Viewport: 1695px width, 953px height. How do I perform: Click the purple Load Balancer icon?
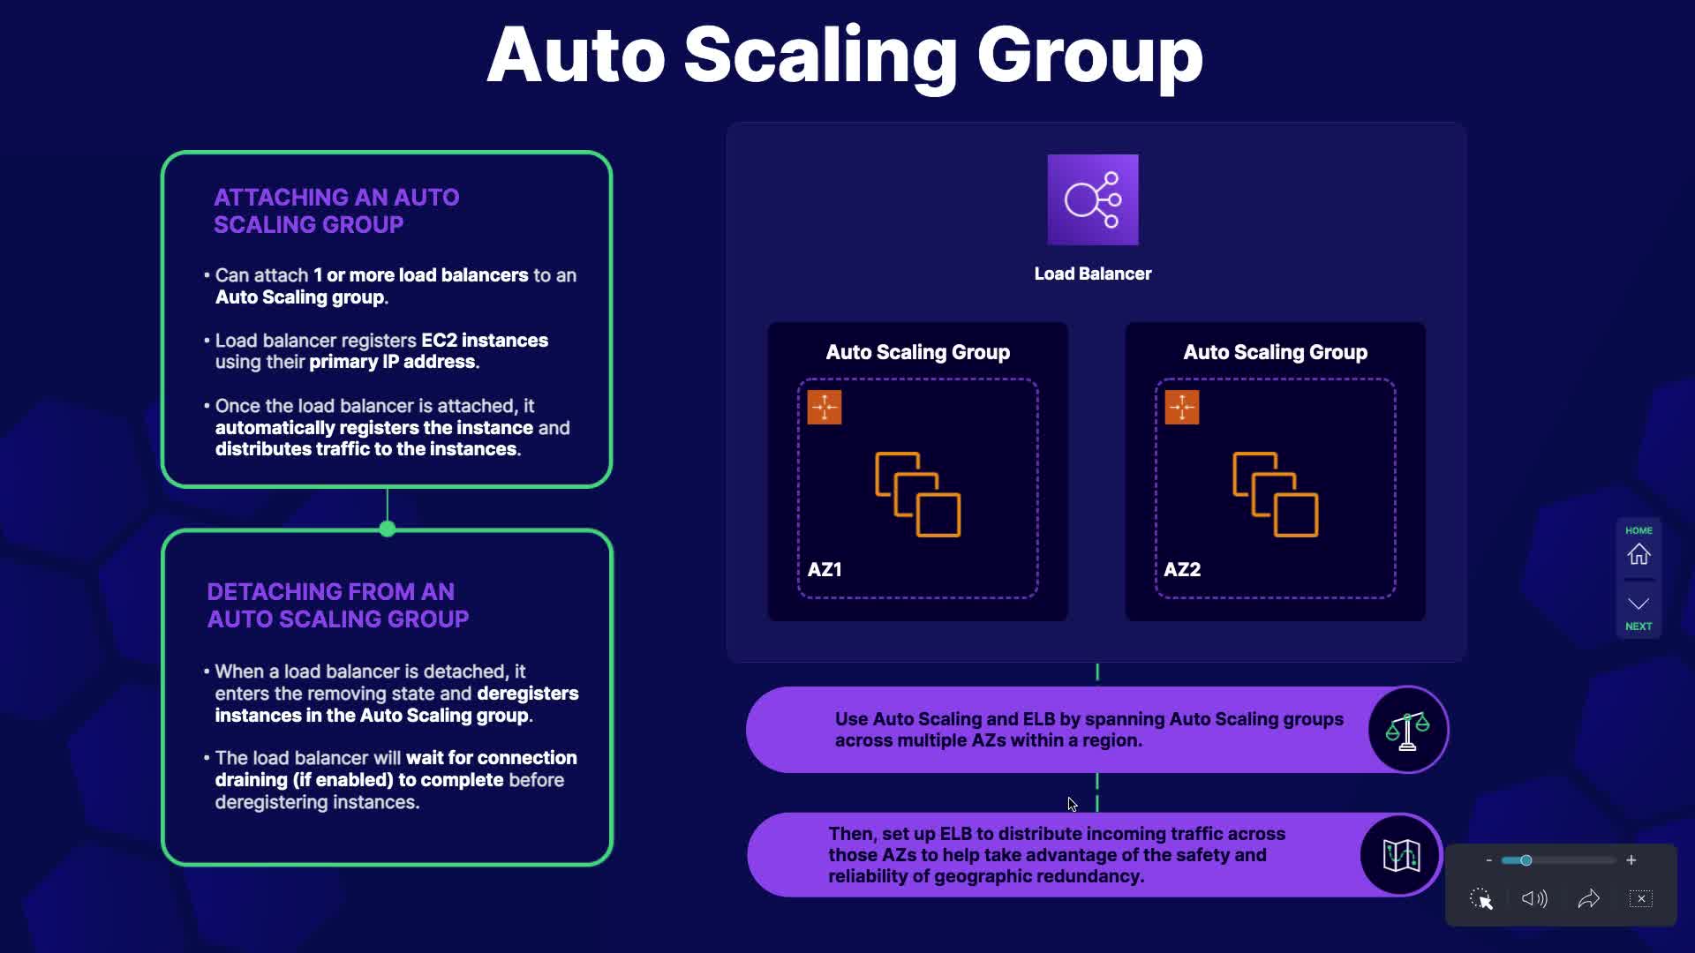pos(1093,199)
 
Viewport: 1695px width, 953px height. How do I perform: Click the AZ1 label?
pos(825,569)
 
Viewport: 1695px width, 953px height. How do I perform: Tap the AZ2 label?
pos(1182,569)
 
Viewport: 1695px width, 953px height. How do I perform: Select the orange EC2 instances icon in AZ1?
pos(918,494)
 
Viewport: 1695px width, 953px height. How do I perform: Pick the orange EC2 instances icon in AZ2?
pos(1276,494)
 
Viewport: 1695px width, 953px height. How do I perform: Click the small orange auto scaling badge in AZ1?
pos(825,408)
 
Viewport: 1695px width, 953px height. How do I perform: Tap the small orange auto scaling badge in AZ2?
pos(1182,408)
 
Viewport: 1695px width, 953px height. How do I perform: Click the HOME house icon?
pos(1638,554)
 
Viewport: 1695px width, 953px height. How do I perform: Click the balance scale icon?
pos(1407,730)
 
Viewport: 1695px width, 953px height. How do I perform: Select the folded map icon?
pos(1401,855)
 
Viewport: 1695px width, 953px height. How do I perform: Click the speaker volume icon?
pos(1534,898)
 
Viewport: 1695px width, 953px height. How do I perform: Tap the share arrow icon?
pos(1588,898)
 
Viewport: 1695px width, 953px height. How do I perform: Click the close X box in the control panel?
pos(1641,898)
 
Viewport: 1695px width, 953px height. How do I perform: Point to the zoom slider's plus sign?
pos(1631,860)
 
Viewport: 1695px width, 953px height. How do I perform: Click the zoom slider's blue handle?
pos(1525,860)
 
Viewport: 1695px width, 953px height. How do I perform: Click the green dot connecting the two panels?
pos(388,529)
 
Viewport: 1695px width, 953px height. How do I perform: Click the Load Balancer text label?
pos(1093,274)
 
